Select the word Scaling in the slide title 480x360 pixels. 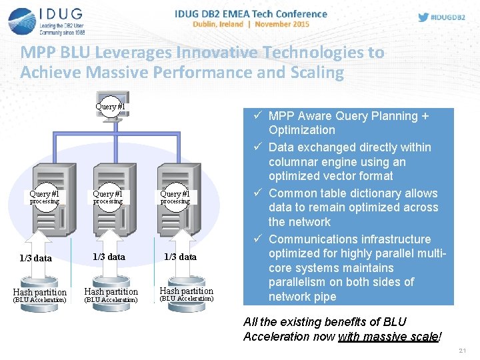313,72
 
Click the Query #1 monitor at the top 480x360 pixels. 111,106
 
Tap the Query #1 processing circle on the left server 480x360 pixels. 44,197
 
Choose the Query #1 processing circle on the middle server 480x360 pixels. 108,197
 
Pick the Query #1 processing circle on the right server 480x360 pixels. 175,197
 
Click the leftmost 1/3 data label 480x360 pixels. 35,258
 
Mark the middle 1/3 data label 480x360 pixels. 109,257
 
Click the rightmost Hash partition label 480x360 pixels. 187,291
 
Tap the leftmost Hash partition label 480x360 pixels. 40,292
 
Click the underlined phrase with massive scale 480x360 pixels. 389,337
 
